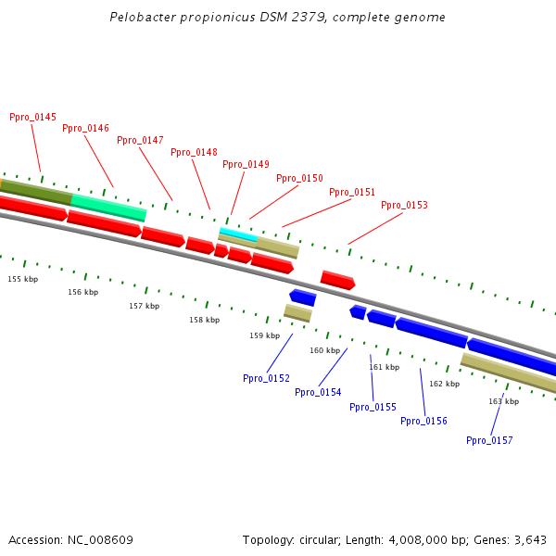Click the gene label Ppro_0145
click(x=32, y=118)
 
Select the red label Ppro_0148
click(x=194, y=153)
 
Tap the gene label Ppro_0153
click(x=404, y=206)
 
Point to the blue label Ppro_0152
click(x=266, y=379)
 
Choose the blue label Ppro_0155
click(x=373, y=408)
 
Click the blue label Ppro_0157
click(x=489, y=441)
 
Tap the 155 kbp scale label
click(x=23, y=279)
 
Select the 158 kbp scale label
click(x=205, y=321)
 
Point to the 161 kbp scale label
click(x=384, y=368)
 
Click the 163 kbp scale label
click(x=504, y=402)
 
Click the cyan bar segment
click(x=238, y=234)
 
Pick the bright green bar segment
click(x=108, y=208)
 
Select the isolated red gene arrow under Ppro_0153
click(x=337, y=280)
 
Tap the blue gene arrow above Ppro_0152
click(x=303, y=297)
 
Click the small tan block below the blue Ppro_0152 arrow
click(x=297, y=313)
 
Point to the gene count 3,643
click(x=530, y=540)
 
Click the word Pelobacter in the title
click(x=140, y=18)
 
